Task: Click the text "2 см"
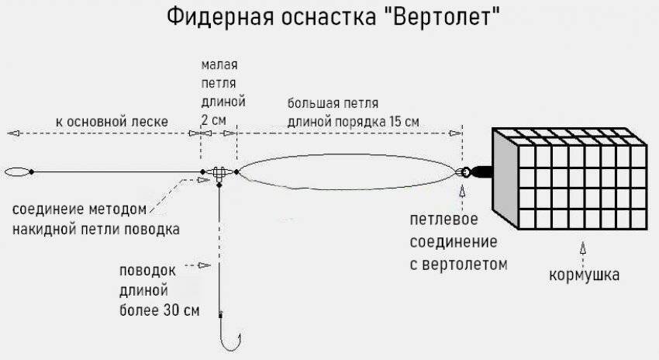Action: pyautogui.click(x=213, y=120)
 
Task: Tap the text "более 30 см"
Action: pyautogui.click(x=160, y=312)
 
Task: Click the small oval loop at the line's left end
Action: pyautogui.click(x=18, y=171)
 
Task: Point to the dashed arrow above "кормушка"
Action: pyautogui.click(x=583, y=250)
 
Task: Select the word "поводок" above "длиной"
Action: pyautogui.click(x=148, y=272)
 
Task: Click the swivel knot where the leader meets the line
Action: pyautogui.click(x=219, y=173)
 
